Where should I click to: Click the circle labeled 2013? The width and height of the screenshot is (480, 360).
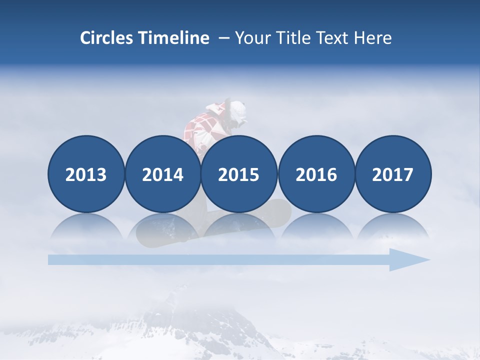[86, 174]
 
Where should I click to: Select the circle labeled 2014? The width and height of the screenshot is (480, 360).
[162, 174]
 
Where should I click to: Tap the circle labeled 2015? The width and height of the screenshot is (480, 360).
[239, 174]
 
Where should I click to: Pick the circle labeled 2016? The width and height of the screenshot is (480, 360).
[316, 174]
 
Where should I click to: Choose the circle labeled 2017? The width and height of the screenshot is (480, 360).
[393, 174]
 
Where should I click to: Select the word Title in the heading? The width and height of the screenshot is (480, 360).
[292, 38]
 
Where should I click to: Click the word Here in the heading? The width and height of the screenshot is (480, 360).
[373, 38]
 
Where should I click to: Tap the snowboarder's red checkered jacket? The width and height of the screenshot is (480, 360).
[200, 127]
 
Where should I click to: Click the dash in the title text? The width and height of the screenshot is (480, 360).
[223, 38]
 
